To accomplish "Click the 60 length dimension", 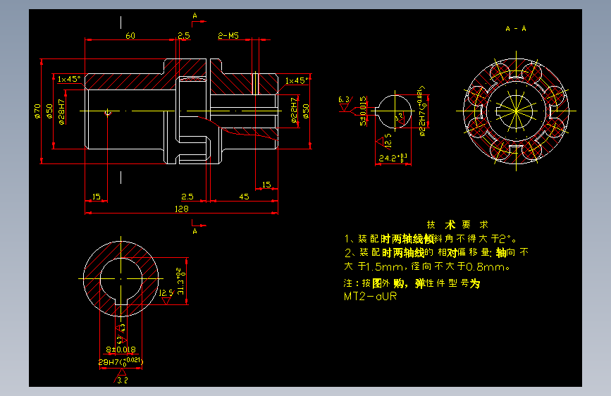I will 130,35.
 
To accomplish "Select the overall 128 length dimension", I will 181,209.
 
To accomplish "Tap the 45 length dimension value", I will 244,196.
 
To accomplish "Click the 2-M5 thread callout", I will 229,35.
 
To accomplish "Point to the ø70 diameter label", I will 37,111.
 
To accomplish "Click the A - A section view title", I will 516,29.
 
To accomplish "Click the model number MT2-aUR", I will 371,297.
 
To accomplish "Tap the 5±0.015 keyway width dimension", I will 363,111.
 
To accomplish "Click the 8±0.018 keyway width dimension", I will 121,348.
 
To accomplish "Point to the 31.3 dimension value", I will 181,281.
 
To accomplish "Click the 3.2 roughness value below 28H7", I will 121,380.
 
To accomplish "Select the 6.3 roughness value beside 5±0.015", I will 344,99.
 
